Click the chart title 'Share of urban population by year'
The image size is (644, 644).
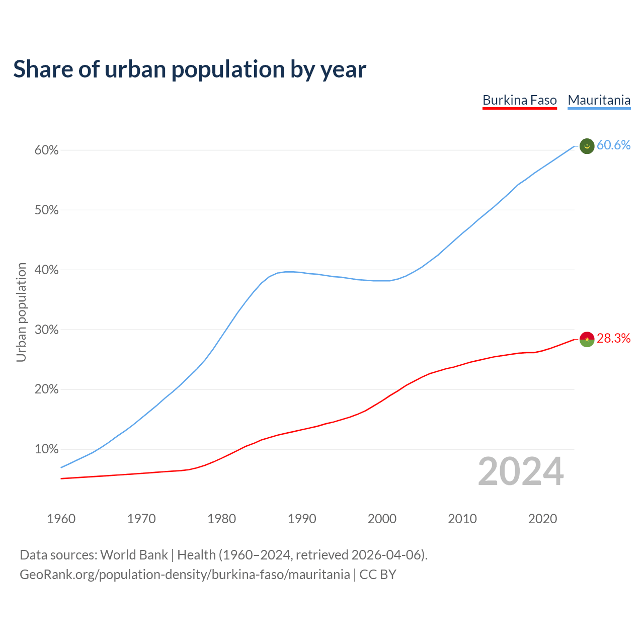click(190, 69)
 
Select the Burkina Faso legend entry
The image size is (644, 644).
click(519, 100)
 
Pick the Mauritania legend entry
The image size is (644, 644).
click(599, 100)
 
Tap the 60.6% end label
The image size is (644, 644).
click(613, 145)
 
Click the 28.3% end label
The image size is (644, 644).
click(613, 339)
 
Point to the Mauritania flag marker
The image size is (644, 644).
click(587, 146)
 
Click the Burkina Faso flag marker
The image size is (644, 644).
click(587, 339)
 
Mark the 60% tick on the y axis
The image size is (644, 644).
click(47, 150)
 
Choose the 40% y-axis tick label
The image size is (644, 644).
click(47, 270)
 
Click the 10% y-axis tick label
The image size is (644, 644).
click(47, 449)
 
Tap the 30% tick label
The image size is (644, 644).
click(47, 330)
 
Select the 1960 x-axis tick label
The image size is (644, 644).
click(61, 519)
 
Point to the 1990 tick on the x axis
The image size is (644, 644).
click(302, 519)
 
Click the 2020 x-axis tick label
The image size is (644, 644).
click(542, 519)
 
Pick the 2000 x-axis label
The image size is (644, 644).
click(382, 519)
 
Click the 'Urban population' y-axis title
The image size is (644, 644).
click(21, 312)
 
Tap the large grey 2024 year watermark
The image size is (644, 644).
click(521, 472)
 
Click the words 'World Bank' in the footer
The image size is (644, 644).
click(134, 555)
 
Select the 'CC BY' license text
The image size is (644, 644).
click(378, 575)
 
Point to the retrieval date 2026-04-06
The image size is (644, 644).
click(386, 555)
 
